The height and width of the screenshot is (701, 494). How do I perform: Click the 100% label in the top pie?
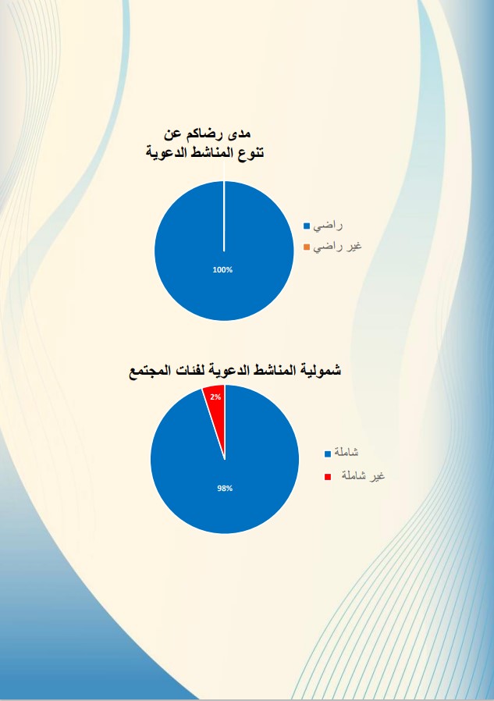(222, 270)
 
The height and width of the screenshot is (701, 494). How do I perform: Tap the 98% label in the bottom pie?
(225, 489)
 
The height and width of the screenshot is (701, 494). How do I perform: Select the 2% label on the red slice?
(216, 397)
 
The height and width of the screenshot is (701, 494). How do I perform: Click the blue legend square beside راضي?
(307, 226)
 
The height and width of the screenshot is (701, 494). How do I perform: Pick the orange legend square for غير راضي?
(307, 247)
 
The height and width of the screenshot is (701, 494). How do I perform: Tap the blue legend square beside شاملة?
(328, 454)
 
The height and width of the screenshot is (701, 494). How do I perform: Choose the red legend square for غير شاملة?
(328, 477)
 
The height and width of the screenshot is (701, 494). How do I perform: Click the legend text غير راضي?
(338, 247)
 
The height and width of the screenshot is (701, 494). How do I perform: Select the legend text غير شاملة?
(363, 475)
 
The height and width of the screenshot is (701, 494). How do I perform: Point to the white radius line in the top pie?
(224, 216)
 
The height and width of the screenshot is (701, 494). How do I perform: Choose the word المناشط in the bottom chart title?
(273, 371)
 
